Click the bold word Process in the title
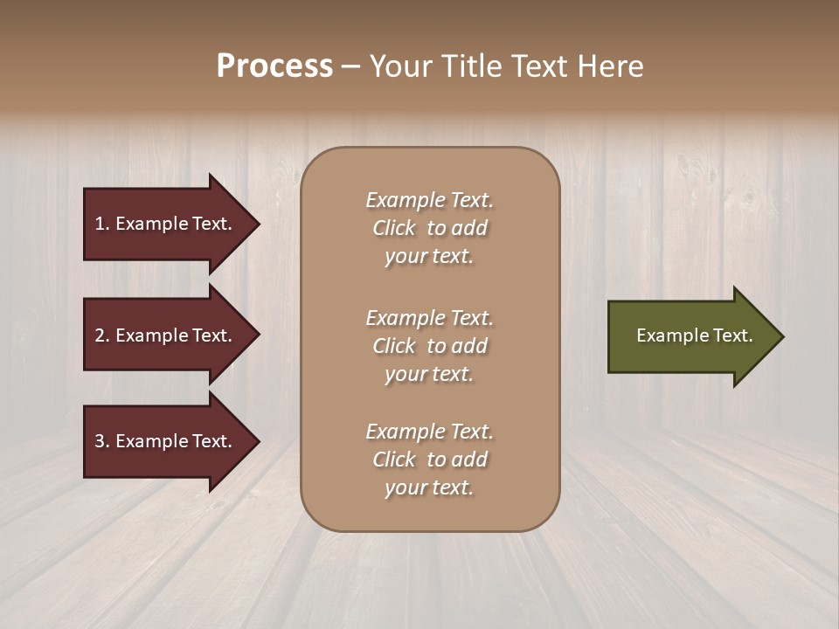point(274,66)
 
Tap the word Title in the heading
point(470,66)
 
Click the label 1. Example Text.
point(163,224)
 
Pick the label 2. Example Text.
point(163,335)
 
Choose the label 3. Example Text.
point(163,441)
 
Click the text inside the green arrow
point(694,335)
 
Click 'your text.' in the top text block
point(429,257)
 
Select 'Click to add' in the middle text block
point(430,346)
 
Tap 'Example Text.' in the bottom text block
point(430,432)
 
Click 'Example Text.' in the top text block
point(430,200)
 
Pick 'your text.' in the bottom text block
point(429,488)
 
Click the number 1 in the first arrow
point(100,224)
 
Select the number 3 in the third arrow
point(100,441)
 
